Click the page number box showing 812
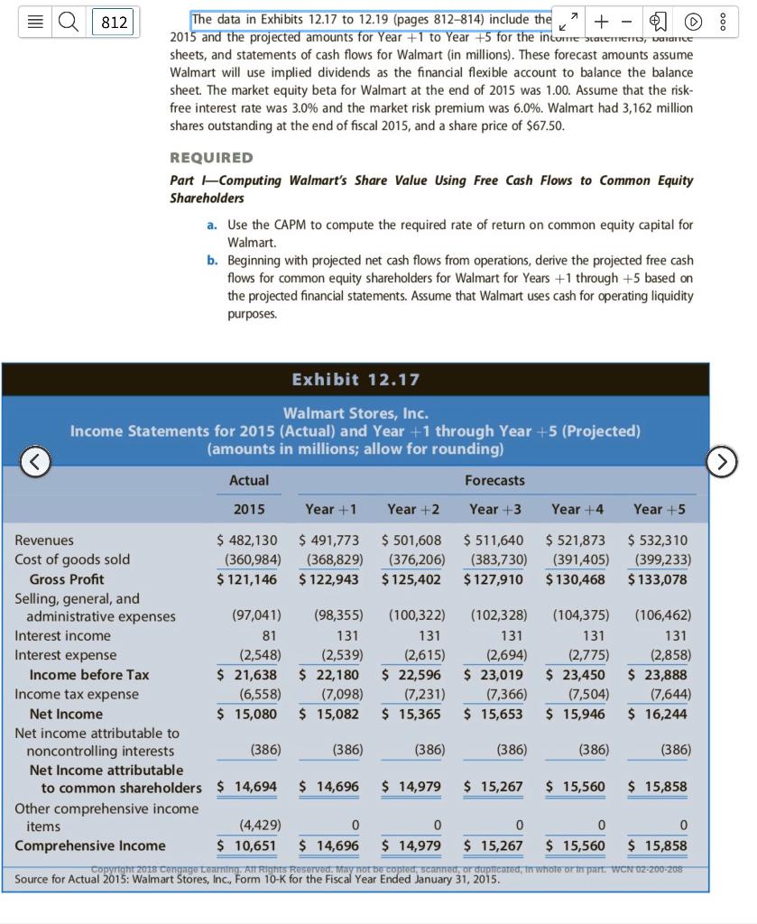[114, 22]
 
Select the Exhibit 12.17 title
[355, 379]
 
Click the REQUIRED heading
[211, 157]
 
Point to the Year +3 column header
[495, 509]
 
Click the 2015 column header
[249, 509]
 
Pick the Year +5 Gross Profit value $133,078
[659, 579]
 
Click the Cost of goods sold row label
[72, 559]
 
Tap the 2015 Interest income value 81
[266, 636]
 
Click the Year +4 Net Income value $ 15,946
[576, 714]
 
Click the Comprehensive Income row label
[90, 845]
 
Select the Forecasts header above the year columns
[494, 480]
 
